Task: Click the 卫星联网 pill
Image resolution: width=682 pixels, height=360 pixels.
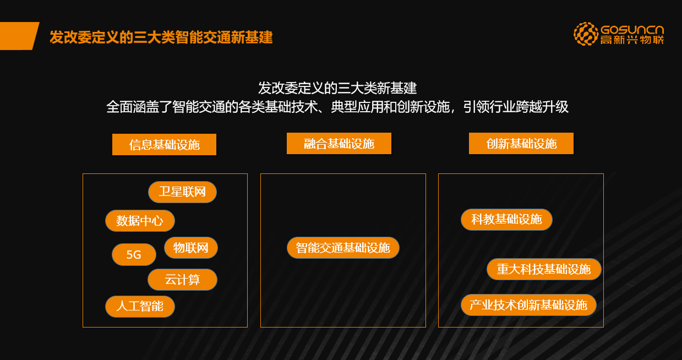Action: coord(182,192)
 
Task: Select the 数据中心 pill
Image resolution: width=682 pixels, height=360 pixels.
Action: coord(140,221)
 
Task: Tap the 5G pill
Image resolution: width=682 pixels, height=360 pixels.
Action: coord(134,254)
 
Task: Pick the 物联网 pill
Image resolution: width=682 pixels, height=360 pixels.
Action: coord(191,248)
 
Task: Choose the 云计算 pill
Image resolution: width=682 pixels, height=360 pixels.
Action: coord(182,279)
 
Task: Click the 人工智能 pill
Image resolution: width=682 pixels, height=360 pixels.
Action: coord(140,307)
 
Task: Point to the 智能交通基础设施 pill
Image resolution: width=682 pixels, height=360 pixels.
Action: coord(343,248)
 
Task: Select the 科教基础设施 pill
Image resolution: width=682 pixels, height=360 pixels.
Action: coord(506,219)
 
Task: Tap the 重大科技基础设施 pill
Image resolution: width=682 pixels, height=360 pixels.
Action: coord(544,269)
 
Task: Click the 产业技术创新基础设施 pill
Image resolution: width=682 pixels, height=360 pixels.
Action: coord(528,305)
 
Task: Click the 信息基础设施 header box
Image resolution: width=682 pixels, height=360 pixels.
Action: coord(165,144)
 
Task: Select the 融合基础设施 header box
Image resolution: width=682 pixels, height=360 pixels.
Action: coord(339,144)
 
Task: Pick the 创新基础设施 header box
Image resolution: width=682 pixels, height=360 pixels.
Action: coord(521,144)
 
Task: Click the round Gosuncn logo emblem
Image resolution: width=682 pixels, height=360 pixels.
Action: coord(586,34)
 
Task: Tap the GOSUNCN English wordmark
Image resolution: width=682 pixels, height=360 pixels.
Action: coord(632,30)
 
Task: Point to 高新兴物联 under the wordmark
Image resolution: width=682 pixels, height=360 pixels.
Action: coord(632,40)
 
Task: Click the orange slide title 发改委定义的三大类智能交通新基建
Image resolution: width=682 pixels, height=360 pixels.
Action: coord(161,37)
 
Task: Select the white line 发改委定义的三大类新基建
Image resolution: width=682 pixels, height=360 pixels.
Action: coord(337,88)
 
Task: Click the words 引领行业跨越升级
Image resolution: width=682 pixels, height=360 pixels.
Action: coord(516,107)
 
